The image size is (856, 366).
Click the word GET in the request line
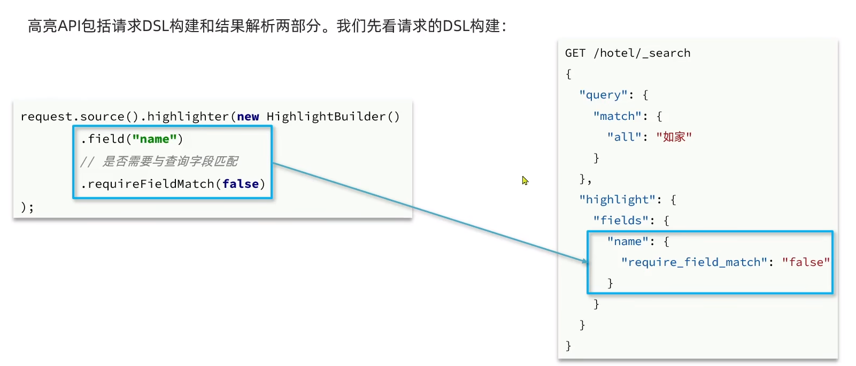tap(575, 53)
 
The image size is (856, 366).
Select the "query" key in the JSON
tap(603, 95)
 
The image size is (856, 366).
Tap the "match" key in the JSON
tap(617, 116)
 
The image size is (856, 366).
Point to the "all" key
tap(624, 137)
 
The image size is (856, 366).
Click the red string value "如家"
tap(674, 137)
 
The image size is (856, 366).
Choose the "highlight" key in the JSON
tap(617, 200)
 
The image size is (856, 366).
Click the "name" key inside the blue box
tap(627, 241)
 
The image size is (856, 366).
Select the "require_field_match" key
tap(694, 262)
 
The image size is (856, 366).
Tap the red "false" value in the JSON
tap(806, 262)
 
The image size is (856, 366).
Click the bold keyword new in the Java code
tap(248, 117)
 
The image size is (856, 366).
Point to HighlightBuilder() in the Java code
tap(333, 117)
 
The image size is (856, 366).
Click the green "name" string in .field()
tap(155, 139)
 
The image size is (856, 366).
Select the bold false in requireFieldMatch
tap(241, 184)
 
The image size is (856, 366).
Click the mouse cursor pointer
tap(525, 180)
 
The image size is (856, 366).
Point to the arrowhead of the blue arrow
tap(585, 261)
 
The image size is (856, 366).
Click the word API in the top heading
tap(68, 26)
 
